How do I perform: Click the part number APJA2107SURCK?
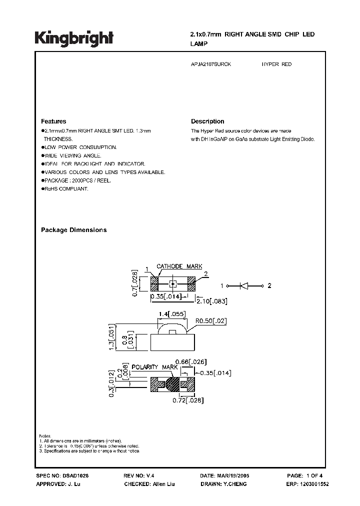211,64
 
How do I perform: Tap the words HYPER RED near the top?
276,64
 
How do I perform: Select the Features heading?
53,121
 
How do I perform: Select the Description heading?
207,121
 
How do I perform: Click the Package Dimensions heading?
73,230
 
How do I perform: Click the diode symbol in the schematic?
245,286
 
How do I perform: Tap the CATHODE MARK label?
179,266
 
